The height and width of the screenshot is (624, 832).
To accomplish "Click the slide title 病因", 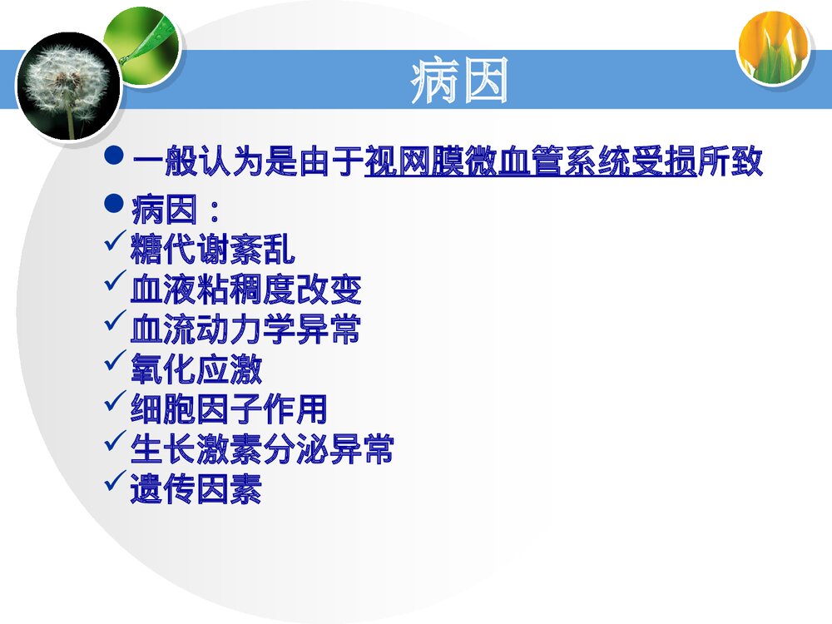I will point(458,82).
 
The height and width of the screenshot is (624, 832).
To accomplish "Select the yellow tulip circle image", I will point(773,47).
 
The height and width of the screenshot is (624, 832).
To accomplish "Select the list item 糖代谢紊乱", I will point(212,250).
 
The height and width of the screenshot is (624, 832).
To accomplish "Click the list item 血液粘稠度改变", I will point(245,290).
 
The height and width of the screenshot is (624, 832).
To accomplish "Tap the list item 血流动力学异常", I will point(245,329).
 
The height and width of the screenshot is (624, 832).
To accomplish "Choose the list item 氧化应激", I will point(196,369).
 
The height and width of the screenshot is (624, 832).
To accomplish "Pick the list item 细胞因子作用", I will point(229,409).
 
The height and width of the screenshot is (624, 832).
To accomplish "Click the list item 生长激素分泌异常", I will point(262,449).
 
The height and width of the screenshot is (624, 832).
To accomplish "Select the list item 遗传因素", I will point(196,490).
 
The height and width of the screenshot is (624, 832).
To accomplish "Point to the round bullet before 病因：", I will point(116,202).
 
